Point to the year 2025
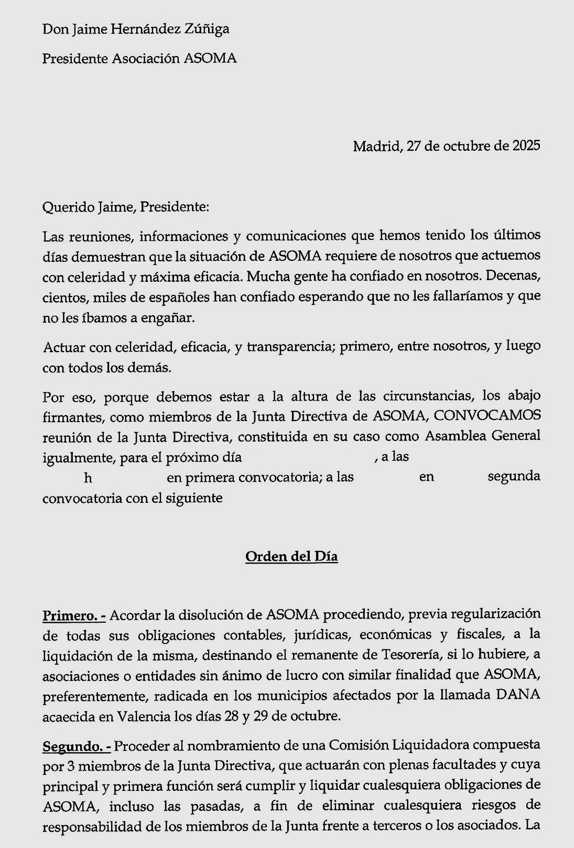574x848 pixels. [526, 146]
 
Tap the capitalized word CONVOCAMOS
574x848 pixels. [487, 415]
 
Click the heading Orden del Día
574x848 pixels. [291, 556]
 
